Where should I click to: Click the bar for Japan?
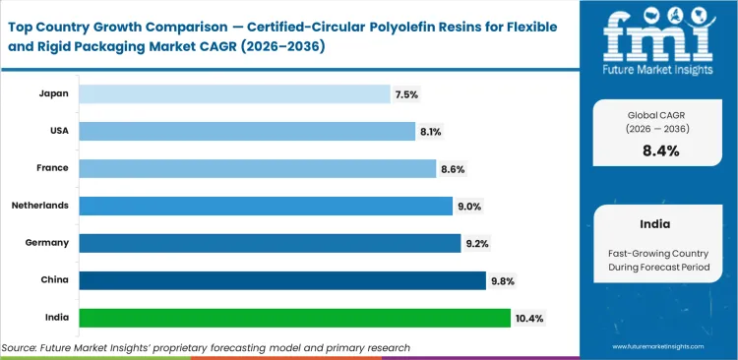[234, 93]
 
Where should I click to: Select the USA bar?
[247, 131]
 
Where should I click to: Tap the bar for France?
[257, 168]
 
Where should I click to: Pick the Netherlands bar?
[266, 206]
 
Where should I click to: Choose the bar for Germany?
[270, 243]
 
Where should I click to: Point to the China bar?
[282, 280]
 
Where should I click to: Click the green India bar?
[295, 318]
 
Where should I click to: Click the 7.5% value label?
[406, 94]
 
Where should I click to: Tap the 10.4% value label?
[529, 319]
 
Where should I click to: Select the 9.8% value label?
[503, 281]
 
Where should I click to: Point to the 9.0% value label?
[469, 207]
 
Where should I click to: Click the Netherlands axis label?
[39, 206]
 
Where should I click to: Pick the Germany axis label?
[47, 243]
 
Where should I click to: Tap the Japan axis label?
[53, 93]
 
